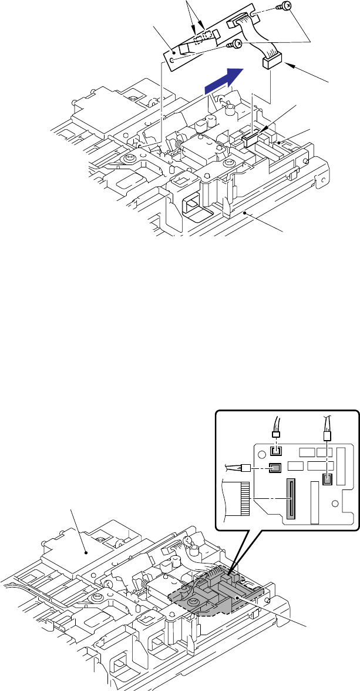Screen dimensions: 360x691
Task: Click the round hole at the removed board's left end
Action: (173, 59)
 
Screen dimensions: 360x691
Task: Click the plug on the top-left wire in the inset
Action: (274, 434)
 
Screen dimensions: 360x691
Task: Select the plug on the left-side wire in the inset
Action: (247, 468)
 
